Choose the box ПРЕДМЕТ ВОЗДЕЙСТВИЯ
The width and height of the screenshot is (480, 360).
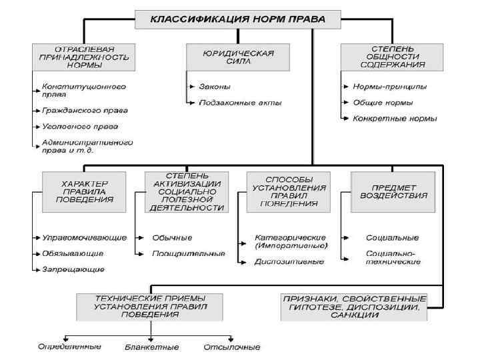pyautogui.click(x=390, y=191)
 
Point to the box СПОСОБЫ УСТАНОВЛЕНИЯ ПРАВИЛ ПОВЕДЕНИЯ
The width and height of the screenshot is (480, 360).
pyautogui.click(x=287, y=191)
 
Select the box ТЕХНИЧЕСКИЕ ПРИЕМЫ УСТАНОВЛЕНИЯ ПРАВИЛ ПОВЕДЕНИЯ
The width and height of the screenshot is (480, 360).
pyautogui.click(x=151, y=306)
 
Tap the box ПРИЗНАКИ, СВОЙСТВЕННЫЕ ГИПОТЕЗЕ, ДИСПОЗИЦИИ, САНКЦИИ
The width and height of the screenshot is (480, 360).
pyautogui.click(x=354, y=306)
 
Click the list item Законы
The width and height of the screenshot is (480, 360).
pyautogui.click(x=214, y=87)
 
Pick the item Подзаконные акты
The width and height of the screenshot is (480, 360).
pyautogui.click(x=240, y=103)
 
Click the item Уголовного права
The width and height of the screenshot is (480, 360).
pyautogui.click(x=81, y=125)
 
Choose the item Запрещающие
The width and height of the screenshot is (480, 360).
pyautogui.click(x=73, y=269)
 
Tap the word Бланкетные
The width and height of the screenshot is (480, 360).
pyautogui.click(x=152, y=347)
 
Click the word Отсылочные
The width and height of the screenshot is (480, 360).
pyautogui.click(x=231, y=347)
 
